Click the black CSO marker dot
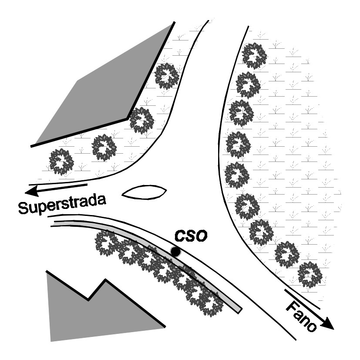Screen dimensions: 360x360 pos(175,252)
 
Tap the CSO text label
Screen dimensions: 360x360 pos(191,236)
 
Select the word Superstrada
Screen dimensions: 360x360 pos(62,204)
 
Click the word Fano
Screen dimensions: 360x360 pos(301,316)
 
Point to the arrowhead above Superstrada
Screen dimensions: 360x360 pos(32,191)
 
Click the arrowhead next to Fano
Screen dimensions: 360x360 pos(327,323)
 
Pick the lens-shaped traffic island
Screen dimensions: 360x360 pos(144,192)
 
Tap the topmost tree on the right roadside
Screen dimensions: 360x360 pos(254,56)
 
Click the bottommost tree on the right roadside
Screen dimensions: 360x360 pos(310,275)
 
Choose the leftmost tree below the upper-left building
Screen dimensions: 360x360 pos(61,161)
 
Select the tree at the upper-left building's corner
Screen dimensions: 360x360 pos(141,120)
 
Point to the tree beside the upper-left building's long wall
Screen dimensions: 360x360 pos(166,76)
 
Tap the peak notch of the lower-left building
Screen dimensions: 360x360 pos(88,299)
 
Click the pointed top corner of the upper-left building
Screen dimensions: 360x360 pos(174,22)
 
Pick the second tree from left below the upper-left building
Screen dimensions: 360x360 pos(104,148)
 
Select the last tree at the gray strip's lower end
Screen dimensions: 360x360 pos(211,303)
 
